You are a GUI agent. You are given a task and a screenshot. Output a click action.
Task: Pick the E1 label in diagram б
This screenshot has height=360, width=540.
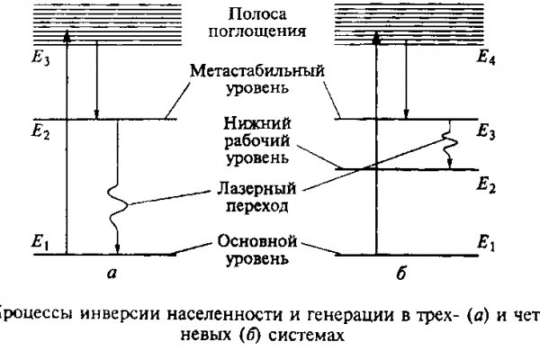489,242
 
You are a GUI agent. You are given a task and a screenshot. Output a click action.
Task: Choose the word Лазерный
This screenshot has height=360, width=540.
256,191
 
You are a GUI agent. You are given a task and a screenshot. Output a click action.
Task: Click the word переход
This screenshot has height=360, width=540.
258,208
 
